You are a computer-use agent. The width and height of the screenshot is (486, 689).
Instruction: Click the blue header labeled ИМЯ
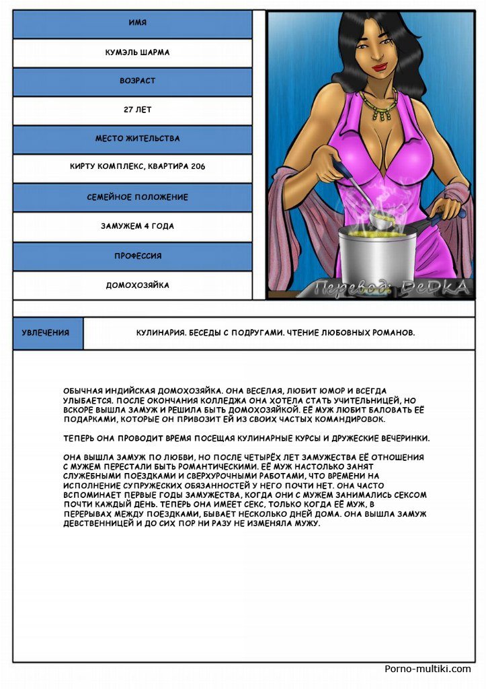(x=132, y=24)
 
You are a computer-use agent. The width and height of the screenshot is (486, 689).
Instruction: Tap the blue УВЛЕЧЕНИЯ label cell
(x=45, y=333)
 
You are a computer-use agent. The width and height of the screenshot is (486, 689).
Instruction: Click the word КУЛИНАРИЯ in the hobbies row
(x=160, y=333)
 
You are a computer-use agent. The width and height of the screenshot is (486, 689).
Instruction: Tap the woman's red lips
(x=381, y=67)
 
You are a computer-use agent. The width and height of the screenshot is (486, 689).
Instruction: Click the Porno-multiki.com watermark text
(x=428, y=669)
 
